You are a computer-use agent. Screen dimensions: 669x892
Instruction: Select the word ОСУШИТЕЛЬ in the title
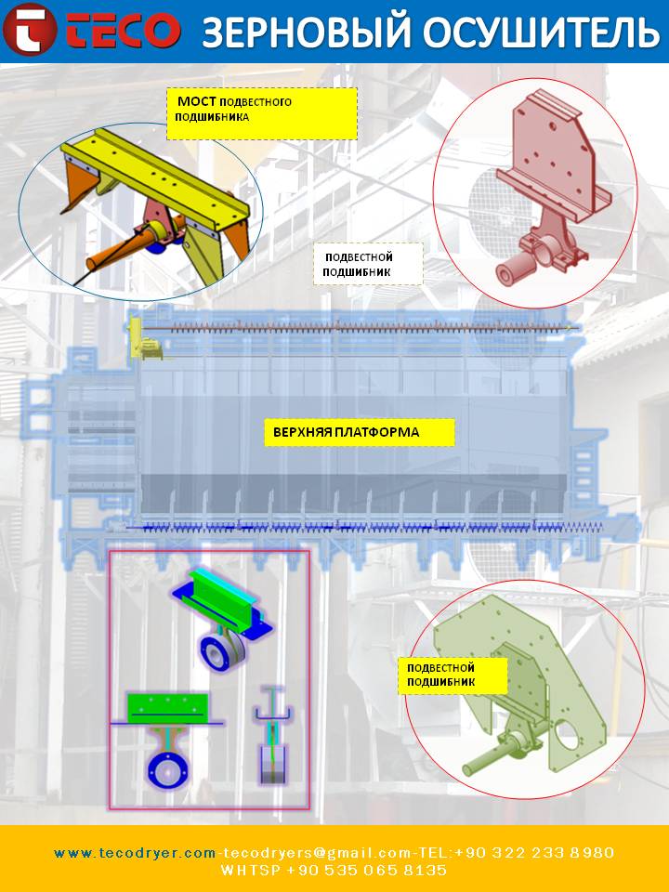(x=540, y=32)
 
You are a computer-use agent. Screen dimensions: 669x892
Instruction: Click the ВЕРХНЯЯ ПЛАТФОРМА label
(x=359, y=432)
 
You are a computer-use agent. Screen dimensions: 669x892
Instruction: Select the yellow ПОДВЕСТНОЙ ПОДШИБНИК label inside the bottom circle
(x=454, y=675)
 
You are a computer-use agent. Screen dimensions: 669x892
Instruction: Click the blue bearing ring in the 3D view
(x=221, y=651)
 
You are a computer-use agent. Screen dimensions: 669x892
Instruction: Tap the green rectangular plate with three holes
(x=168, y=706)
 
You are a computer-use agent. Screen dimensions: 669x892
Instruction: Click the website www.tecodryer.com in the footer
(x=135, y=853)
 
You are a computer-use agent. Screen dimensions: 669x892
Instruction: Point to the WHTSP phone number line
(x=334, y=871)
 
